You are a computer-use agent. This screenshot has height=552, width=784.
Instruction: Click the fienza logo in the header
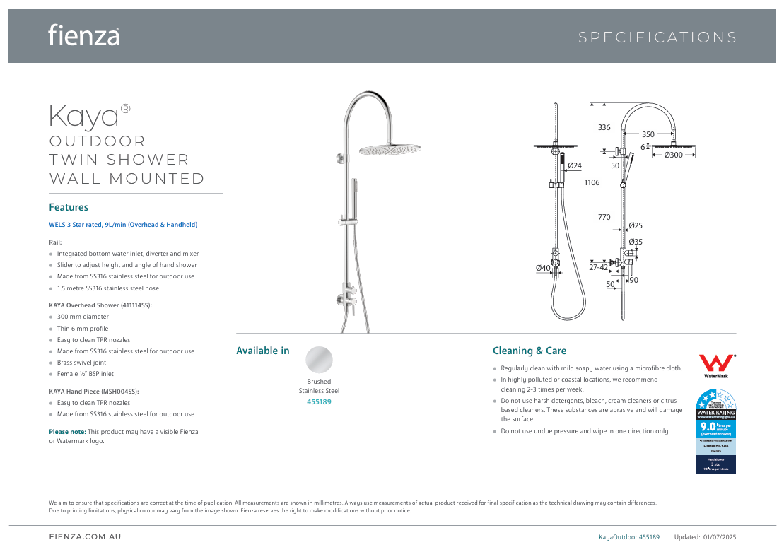pos(83,35)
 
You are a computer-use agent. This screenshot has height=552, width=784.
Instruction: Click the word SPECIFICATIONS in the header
pos(657,37)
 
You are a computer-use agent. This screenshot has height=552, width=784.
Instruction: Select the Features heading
pos(69,207)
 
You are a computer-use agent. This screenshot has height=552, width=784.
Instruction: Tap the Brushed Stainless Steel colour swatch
pos(319,360)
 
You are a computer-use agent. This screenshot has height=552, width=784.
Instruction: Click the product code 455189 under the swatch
pos(319,401)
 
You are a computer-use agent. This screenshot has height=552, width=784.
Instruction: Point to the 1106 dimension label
pos(592,182)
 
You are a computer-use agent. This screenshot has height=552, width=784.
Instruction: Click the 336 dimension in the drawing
pos(604,128)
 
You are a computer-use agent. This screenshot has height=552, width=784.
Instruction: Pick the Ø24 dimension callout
pos(575,165)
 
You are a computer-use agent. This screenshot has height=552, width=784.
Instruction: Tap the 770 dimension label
pos(604,218)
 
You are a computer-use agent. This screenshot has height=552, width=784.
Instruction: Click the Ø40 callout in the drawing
pos(543,268)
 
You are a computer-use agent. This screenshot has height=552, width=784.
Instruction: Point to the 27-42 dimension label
pos(598,267)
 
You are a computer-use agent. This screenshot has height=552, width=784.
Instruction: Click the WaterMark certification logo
pos(716,365)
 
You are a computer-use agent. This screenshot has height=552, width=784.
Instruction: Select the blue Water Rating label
pos(716,430)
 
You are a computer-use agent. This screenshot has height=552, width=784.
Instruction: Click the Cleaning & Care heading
pos(529,351)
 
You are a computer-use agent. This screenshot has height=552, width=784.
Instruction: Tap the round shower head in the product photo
pos(390,150)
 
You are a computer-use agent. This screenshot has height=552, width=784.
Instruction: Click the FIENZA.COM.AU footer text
pos(85,537)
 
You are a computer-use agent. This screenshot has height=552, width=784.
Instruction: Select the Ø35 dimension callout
pos(636,242)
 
